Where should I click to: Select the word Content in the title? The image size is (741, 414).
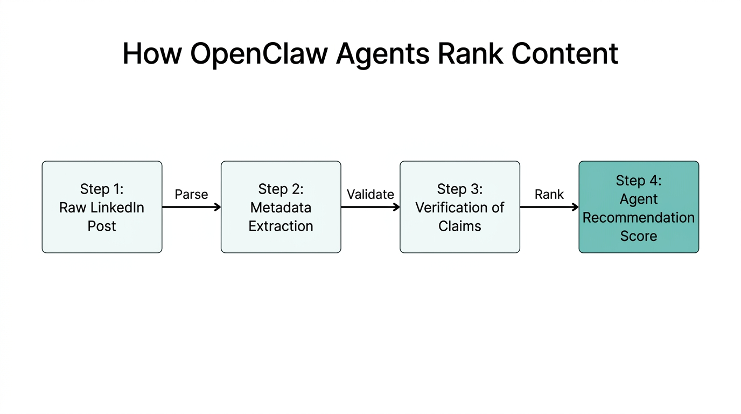coord(564,54)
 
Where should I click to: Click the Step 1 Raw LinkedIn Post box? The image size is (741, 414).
coord(102,207)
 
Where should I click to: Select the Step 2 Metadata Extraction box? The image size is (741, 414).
coord(281,207)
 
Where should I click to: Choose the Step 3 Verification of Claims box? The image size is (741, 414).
coord(459,207)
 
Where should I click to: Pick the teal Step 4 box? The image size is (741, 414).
coord(639,207)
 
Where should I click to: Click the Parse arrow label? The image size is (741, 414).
coord(191,195)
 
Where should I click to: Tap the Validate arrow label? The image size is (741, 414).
coord(370,195)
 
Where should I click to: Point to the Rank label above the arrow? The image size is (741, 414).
coord(549,195)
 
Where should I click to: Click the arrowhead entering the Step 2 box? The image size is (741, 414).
coord(218,207)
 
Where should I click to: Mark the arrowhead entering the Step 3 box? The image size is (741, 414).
coord(396,207)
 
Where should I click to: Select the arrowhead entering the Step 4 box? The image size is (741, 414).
coord(575,207)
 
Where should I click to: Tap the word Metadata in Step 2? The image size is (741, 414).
coord(281,208)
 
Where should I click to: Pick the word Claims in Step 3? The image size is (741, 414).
coord(459,226)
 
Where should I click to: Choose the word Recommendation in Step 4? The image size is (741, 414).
coord(639,218)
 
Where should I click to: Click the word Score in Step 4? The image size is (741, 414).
coord(639,236)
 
